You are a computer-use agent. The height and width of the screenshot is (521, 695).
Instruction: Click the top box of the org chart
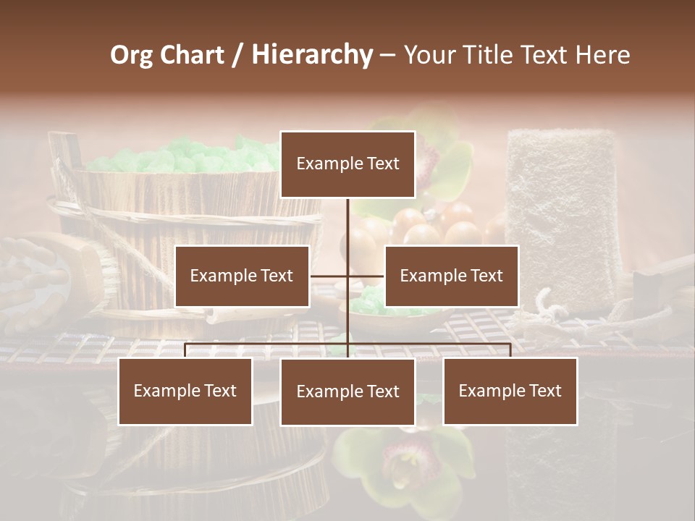(x=347, y=164)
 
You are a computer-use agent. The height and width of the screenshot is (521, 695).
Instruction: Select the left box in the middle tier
(x=242, y=276)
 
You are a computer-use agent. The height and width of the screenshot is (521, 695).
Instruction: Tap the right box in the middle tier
(x=451, y=276)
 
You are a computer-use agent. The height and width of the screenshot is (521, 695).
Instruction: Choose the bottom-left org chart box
(x=185, y=391)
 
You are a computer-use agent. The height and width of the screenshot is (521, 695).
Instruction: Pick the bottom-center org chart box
(x=347, y=392)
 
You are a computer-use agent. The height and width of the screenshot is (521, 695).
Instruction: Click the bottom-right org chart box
(x=510, y=391)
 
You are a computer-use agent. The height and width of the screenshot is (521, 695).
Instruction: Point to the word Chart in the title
(x=192, y=55)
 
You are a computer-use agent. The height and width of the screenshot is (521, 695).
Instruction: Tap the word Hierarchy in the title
(x=312, y=55)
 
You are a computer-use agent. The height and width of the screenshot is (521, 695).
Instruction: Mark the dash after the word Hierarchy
(x=387, y=55)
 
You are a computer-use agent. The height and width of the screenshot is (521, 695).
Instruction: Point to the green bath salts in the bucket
(x=188, y=156)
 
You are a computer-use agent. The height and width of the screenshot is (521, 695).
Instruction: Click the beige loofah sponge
(x=562, y=210)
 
